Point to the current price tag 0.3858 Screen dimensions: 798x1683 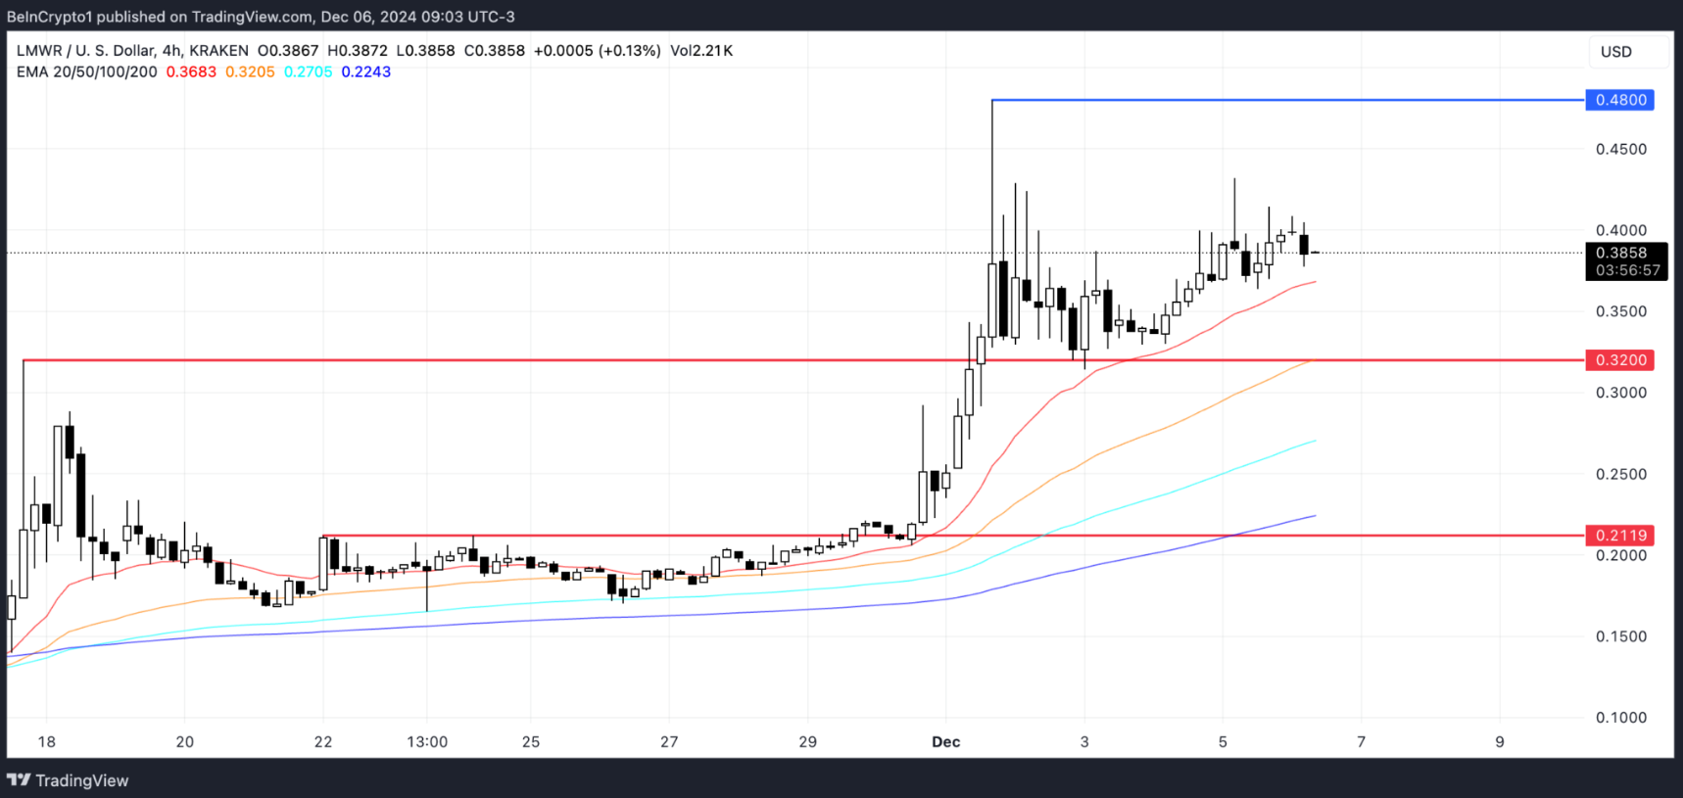pyautogui.click(x=1621, y=253)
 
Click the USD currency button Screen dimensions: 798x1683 pyautogui.click(x=1616, y=52)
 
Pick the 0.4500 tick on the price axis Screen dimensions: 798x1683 pyautogui.click(x=1620, y=149)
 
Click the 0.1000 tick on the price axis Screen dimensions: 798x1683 pyautogui.click(x=1620, y=718)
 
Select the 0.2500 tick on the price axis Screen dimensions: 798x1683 pyautogui.click(x=1620, y=474)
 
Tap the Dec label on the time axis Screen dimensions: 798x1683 pyautogui.click(x=945, y=742)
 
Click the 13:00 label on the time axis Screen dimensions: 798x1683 pyautogui.click(x=427, y=742)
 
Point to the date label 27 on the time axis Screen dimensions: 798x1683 pyautogui.click(x=669, y=742)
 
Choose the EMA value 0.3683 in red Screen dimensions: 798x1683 pyautogui.click(x=191, y=72)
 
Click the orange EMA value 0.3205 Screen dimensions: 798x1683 pyautogui.click(x=250, y=72)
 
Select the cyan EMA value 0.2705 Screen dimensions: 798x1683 pyautogui.click(x=308, y=72)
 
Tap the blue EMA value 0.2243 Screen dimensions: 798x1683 pyautogui.click(x=365, y=72)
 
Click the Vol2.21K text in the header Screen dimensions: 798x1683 pyautogui.click(x=701, y=51)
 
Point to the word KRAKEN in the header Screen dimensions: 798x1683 pyautogui.click(x=218, y=51)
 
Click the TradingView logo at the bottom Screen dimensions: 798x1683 pyautogui.click(x=69, y=780)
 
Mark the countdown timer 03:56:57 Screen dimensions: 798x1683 pyautogui.click(x=1627, y=270)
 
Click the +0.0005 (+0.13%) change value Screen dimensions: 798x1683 pyautogui.click(x=597, y=51)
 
